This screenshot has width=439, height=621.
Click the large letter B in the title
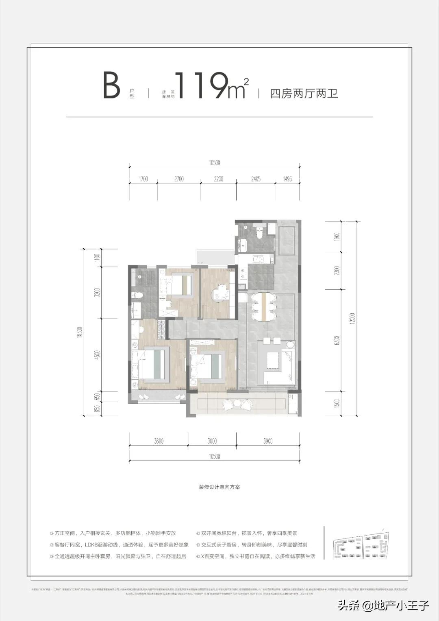coord(111,85)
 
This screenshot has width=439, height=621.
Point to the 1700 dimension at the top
coord(143,179)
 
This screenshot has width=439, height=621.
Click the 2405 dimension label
coord(256,179)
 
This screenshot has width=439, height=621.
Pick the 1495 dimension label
coord(287,179)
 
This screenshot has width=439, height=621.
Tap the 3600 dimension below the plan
coord(159,441)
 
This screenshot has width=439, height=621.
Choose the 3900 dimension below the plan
coord(267,441)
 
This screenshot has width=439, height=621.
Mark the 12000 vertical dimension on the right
coord(352,318)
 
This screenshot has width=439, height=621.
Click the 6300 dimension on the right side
coord(337,340)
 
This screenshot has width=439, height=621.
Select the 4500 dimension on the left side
coord(96,354)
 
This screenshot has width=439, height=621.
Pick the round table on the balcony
coord(237,404)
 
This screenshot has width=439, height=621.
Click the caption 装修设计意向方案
coord(219,487)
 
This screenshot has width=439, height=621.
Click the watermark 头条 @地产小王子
coord(383,605)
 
